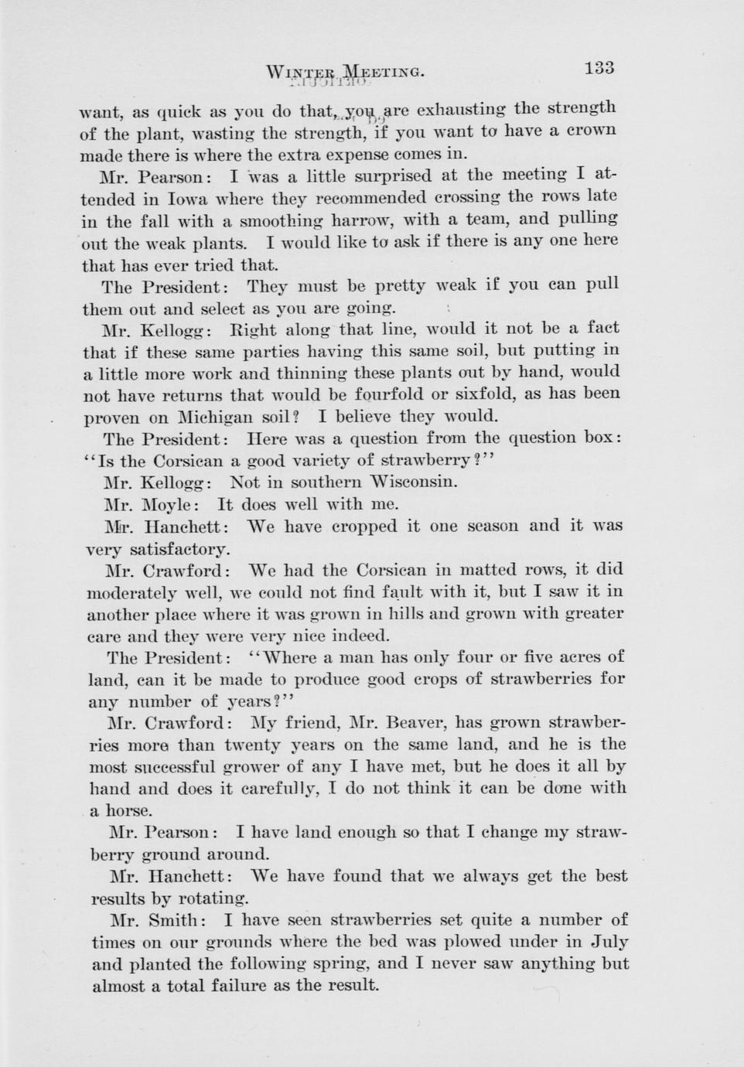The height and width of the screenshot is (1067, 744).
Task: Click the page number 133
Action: click(x=599, y=67)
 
